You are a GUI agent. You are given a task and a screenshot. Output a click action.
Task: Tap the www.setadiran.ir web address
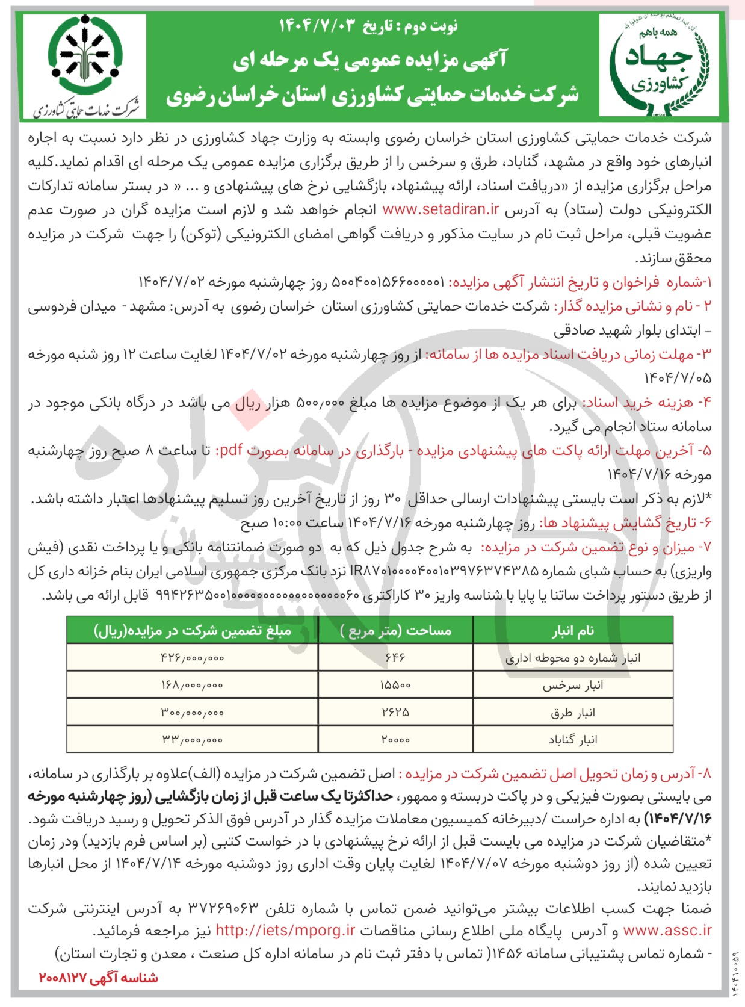[441, 209]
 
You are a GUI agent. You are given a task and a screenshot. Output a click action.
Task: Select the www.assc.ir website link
[667, 931]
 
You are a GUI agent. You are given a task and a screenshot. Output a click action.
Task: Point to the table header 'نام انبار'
[572, 631]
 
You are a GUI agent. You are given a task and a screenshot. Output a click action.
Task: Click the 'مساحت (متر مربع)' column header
[395, 631]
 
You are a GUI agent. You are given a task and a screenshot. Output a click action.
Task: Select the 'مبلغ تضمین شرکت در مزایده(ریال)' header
[192, 631]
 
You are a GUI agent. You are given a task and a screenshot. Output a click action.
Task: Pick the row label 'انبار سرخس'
[572, 686]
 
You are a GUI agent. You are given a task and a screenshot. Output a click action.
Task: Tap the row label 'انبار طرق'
[572, 713]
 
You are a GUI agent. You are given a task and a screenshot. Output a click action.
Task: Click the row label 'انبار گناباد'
[572, 740]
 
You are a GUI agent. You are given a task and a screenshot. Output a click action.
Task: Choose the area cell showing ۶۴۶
[395, 658]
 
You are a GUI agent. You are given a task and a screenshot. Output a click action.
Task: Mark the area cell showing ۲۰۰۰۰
[395, 740]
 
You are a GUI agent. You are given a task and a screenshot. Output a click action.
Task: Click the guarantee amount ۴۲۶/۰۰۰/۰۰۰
[192, 658]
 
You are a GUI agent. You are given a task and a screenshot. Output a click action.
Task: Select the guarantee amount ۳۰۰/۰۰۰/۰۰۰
[192, 713]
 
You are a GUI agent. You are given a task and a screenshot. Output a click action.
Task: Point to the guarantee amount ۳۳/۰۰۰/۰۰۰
[192, 740]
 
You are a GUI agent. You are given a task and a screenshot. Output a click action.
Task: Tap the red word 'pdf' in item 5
[228, 450]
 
